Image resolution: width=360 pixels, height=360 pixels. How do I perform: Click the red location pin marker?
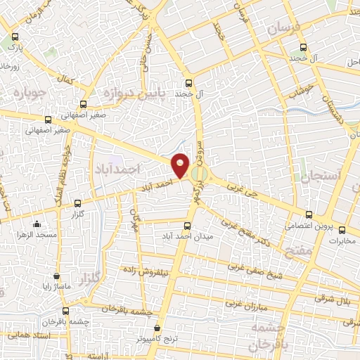(x=181, y=165)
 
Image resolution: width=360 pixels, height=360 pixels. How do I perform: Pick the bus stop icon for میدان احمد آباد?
(x=187, y=226)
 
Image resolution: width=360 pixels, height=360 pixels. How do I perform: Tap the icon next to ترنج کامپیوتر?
(x=157, y=328)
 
